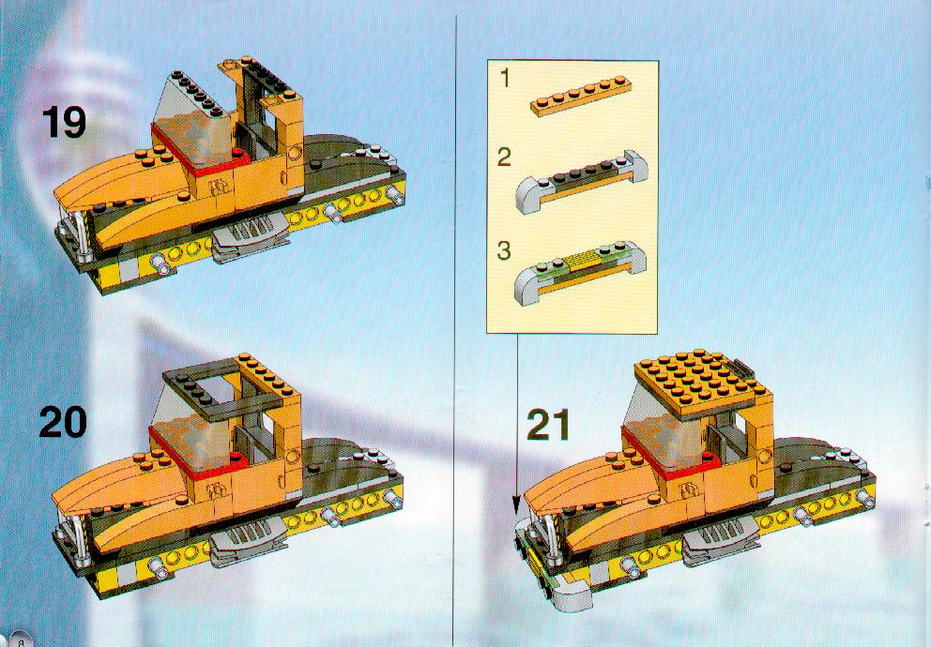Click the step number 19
tap(64, 123)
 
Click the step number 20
tap(63, 422)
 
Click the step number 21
tap(548, 425)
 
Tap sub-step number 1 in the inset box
tap(505, 78)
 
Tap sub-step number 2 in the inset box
tap(504, 158)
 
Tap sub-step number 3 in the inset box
tap(504, 250)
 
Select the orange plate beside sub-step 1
tap(581, 96)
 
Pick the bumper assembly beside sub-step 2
tap(581, 182)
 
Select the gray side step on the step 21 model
tap(721, 541)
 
